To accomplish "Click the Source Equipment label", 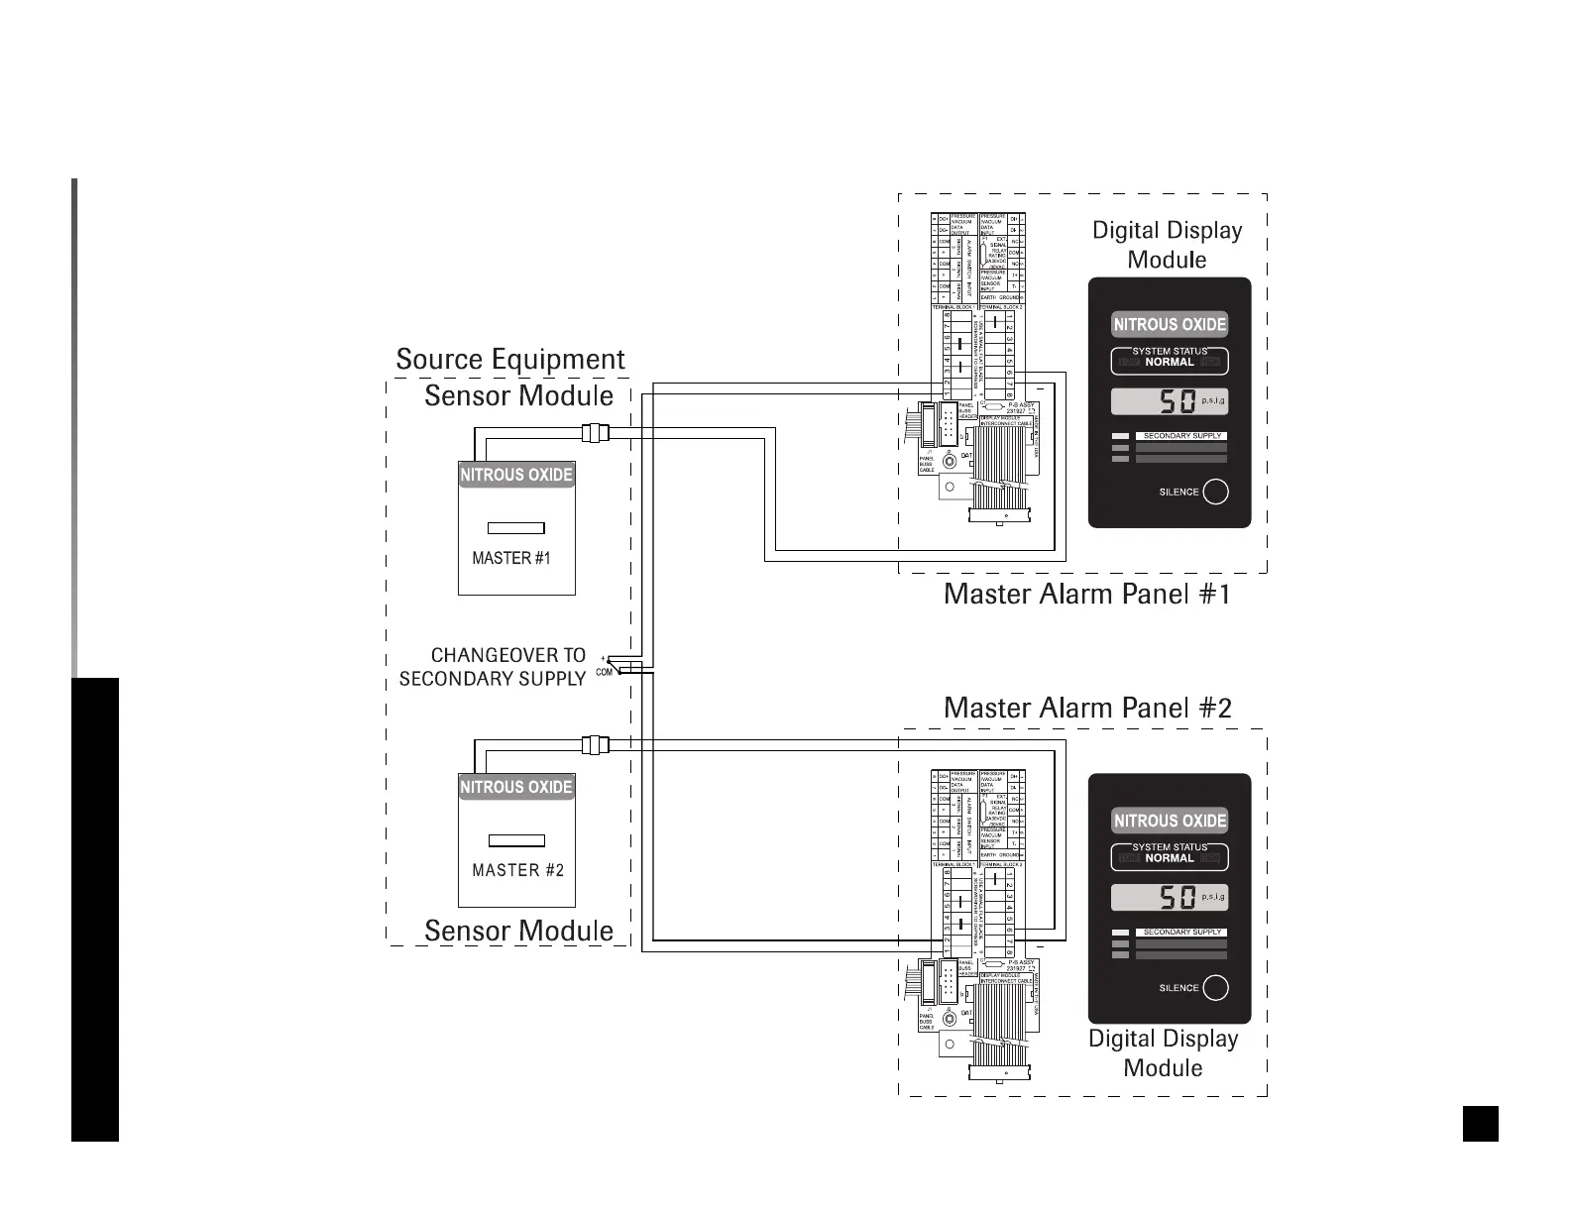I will tap(510, 359).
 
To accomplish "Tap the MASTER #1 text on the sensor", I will tap(510, 558).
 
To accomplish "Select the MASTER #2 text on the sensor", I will tap(517, 870).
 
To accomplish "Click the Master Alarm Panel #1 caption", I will tap(1087, 595).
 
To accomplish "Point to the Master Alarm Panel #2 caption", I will tap(1087, 708).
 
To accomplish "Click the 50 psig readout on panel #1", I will tap(1170, 401).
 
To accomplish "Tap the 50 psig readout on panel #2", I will tap(1170, 898).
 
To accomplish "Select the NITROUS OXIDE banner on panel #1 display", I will tap(1170, 324).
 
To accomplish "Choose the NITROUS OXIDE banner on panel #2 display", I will tap(1170, 821).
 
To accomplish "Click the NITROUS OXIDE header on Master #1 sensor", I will tap(516, 475).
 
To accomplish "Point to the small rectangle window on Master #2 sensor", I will tap(517, 840).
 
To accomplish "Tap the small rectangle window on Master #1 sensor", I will tap(516, 527).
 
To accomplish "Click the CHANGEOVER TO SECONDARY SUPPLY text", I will tap(493, 667).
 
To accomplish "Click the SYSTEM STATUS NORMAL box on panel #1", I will tap(1170, 360).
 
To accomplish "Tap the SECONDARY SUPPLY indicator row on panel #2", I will tap(1170, 933).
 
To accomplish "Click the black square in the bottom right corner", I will tap(1480, 1124).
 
